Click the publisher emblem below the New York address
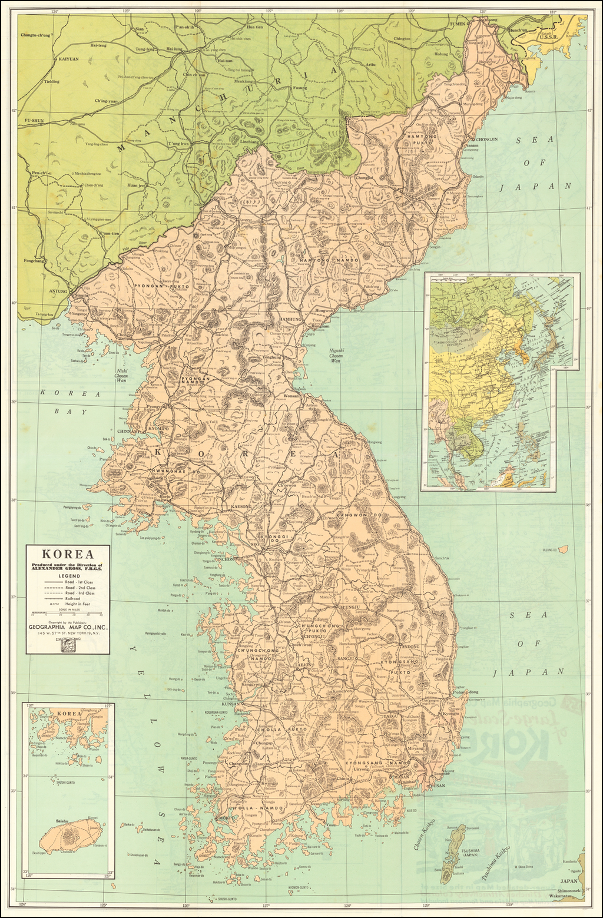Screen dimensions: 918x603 (x=67, y=647)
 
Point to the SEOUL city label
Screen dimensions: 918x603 (x=258, y=544)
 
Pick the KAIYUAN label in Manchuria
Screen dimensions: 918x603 (x=68, y=59)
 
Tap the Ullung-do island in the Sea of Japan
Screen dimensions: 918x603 (x=562, y=549)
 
